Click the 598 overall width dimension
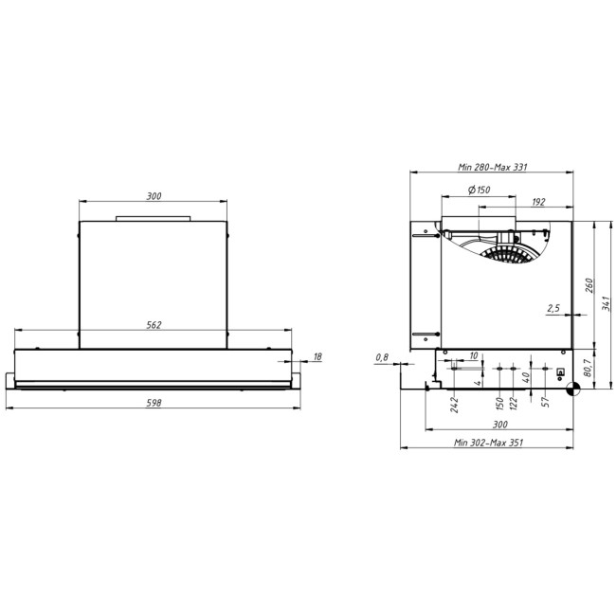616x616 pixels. [154, 403]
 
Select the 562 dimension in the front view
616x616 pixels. [154, 324]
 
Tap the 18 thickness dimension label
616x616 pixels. [317, 356]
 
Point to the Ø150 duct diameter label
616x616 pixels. [480, 190]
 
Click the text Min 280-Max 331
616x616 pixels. [492, 167]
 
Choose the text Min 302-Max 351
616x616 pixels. [488, 442]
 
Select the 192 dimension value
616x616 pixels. [538, 202]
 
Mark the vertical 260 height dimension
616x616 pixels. [588, 285]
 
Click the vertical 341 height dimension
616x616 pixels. [604, 303]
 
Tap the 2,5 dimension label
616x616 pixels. [553, 308]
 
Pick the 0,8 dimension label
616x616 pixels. [382, 356]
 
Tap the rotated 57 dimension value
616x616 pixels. [545, 403]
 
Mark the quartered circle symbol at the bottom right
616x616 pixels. [571, 387]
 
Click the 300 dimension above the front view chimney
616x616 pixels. [154, 196]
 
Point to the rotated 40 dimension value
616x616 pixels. [526, 377]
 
